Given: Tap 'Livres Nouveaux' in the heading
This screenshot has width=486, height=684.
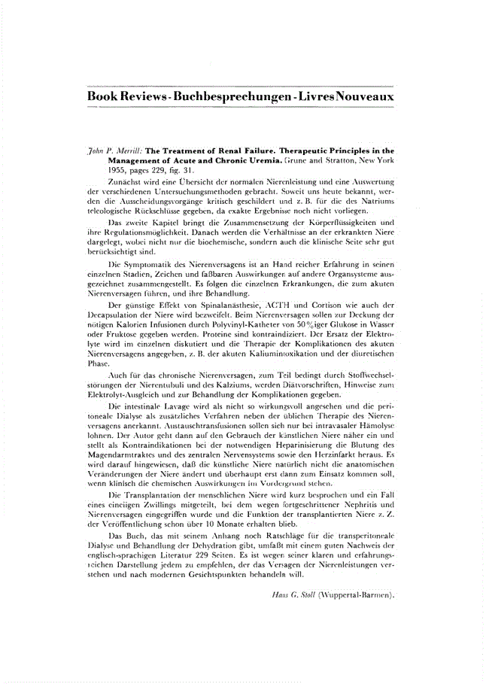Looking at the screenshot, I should pyautogui.click(x=343, y=98).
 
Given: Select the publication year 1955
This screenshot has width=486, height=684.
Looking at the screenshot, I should pyautogui.click(x=117, y=170).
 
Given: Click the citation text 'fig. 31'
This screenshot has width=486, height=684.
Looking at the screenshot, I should pyautogui.click(x=182, y=170).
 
